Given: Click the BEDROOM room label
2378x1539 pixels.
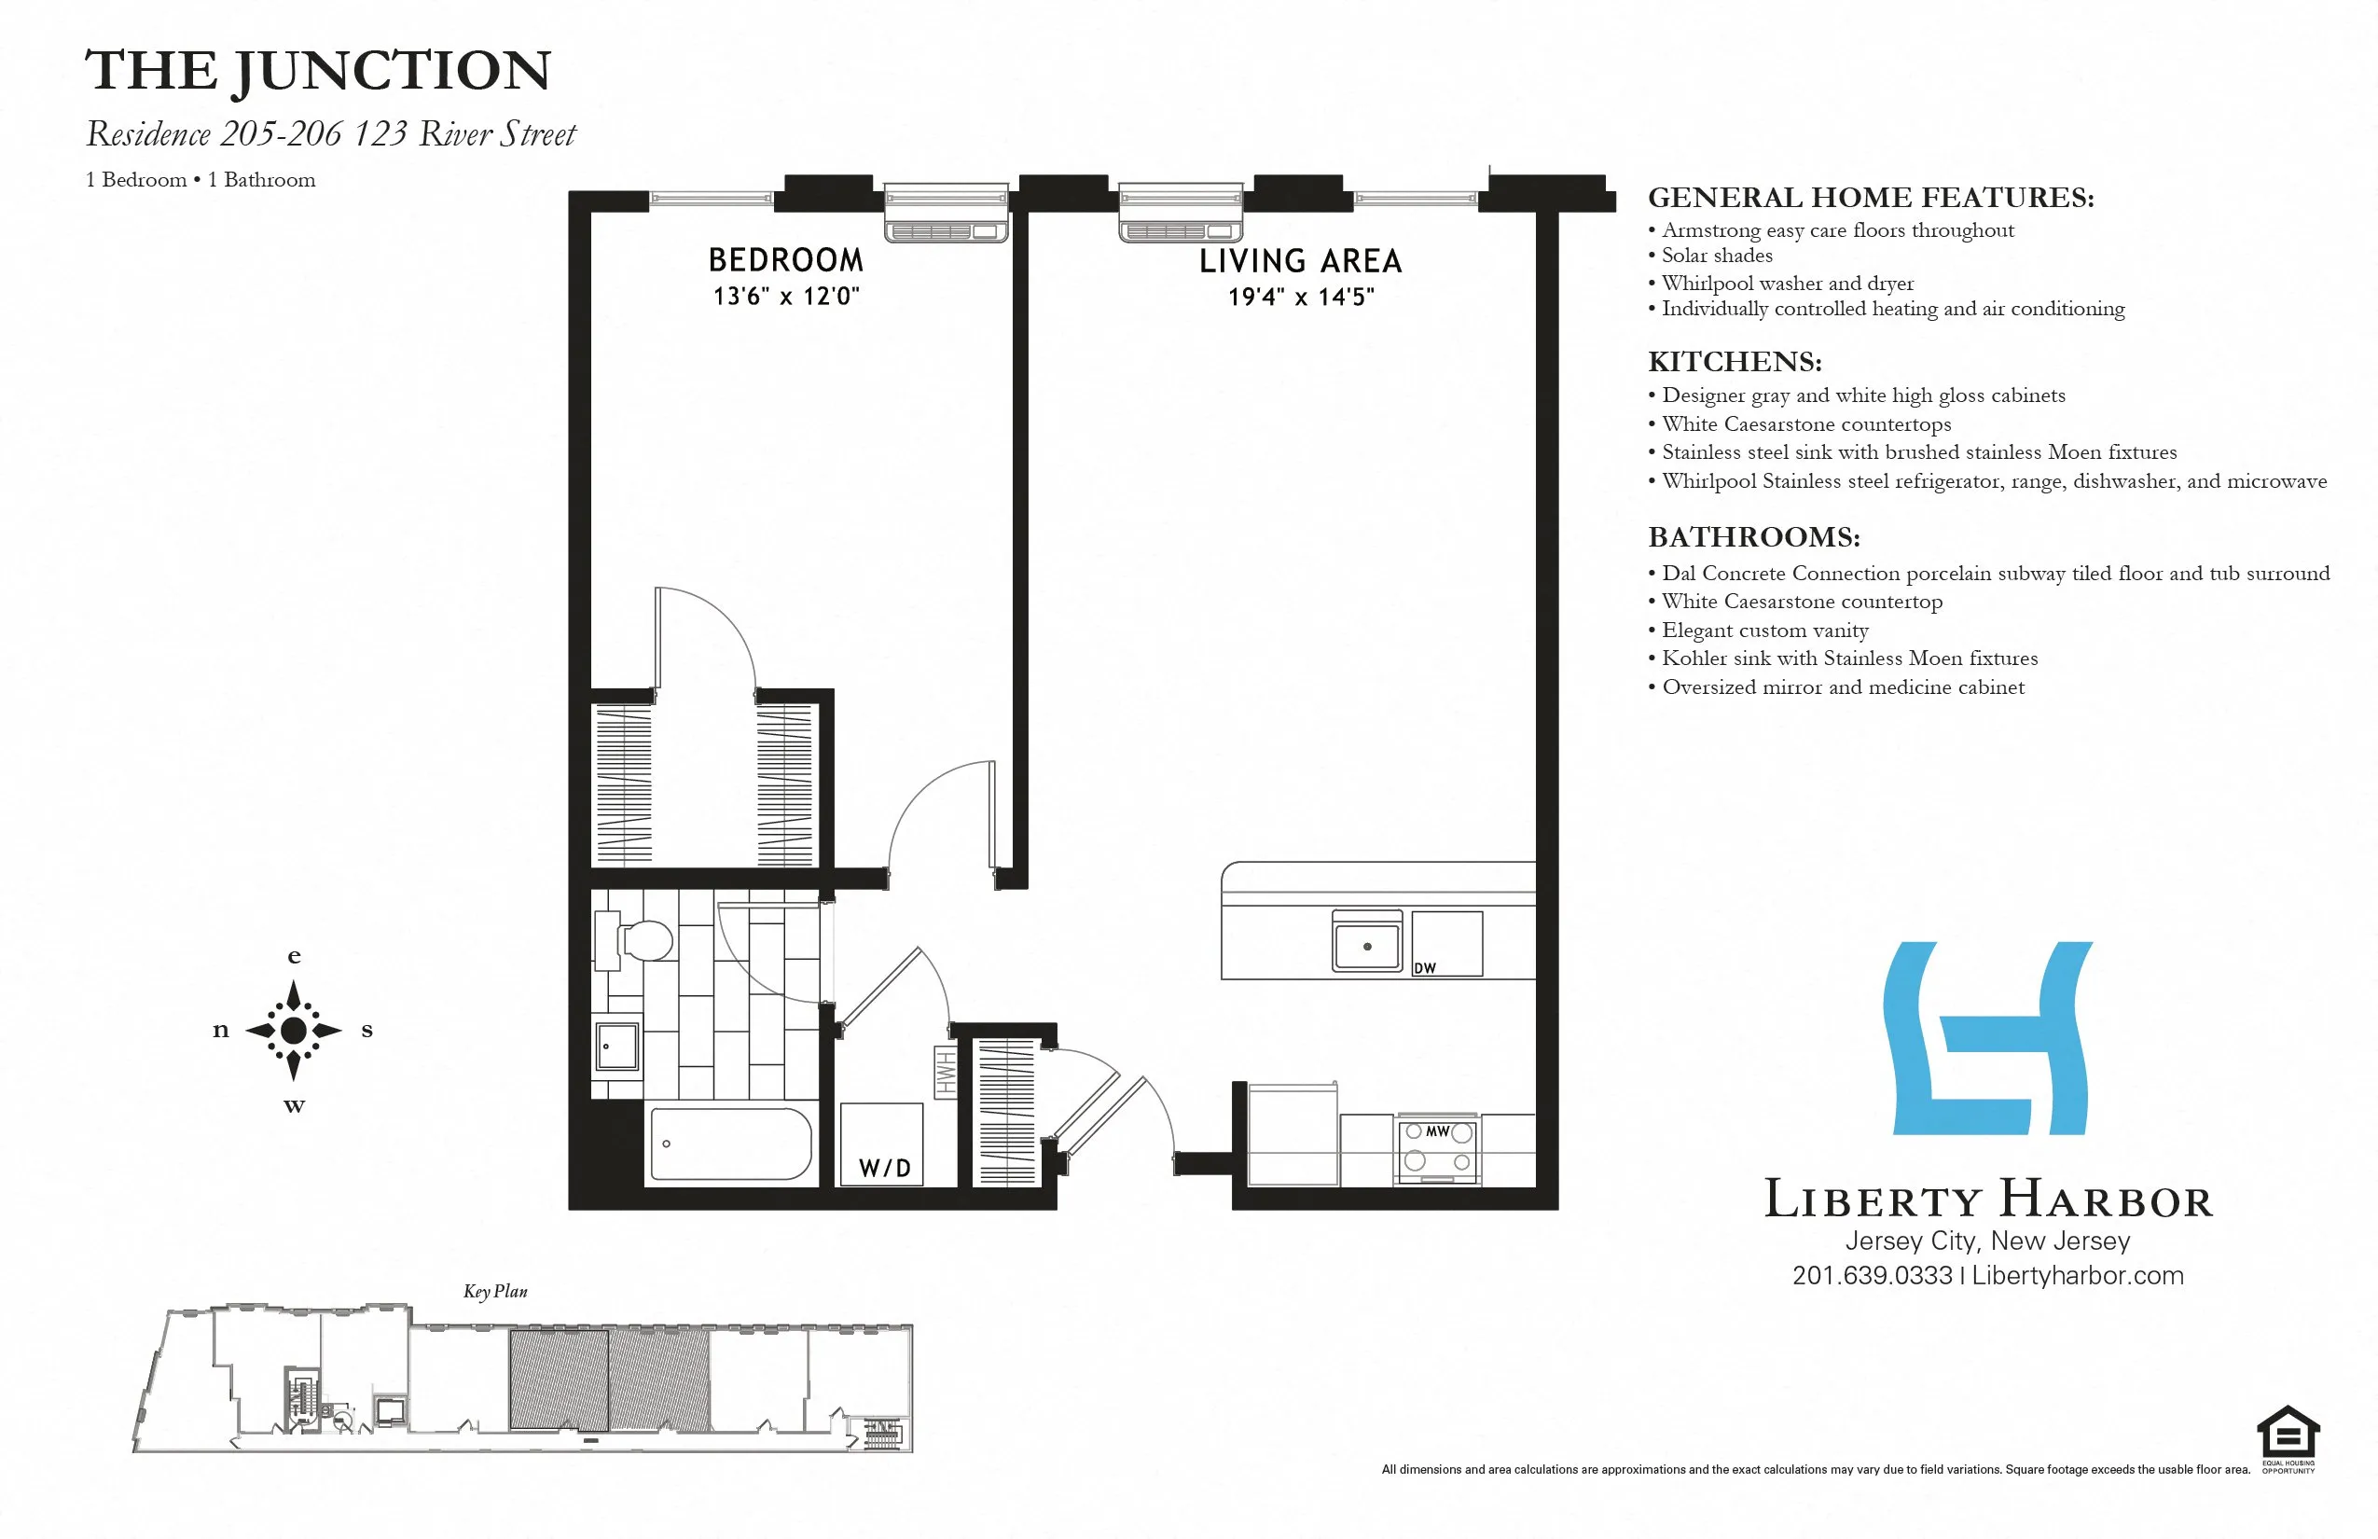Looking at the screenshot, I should [785, 261].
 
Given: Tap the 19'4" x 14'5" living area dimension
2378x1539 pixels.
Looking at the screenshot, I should [1301, 297].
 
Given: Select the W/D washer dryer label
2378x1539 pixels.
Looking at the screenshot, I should [884, 1168].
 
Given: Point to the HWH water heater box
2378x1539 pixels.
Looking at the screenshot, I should [944, 1073].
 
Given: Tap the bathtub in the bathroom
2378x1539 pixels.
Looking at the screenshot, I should [730, 1144].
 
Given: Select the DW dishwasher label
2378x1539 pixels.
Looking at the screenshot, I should [1425, 967].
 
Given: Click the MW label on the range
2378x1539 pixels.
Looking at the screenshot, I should [1437, 1131].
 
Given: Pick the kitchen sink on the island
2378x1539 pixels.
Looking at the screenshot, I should [1367, 944].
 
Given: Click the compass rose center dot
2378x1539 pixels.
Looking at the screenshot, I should [294, 1031].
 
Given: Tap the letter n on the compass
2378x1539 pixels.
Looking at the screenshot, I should [221, 1031].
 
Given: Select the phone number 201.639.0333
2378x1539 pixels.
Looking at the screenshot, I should [1872, 1276].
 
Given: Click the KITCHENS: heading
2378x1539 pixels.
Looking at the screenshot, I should [1735, 362].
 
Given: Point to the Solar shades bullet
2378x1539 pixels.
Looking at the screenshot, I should [1717, 256].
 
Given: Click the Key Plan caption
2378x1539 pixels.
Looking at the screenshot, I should [494, 1291].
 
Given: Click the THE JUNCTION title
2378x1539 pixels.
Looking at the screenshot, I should [318, 71].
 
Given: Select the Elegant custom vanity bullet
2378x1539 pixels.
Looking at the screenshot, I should [1764, 631].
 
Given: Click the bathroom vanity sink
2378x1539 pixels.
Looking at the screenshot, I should [617, 1047].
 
